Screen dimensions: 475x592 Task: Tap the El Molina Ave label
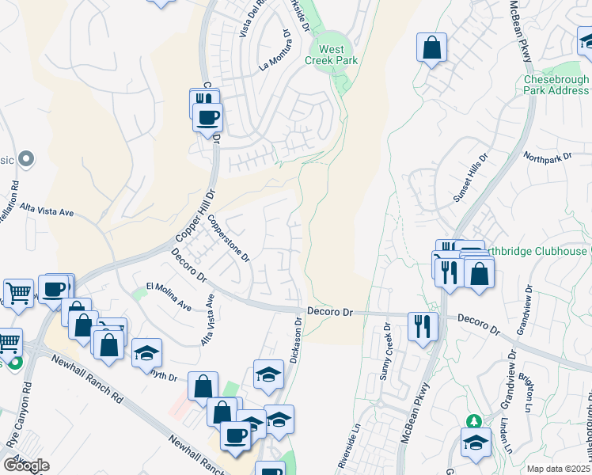[169, 295]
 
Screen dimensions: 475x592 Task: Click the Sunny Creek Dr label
[385, 351]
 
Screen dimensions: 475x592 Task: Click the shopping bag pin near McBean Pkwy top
[431, 47]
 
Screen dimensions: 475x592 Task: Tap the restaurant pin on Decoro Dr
[422, 325]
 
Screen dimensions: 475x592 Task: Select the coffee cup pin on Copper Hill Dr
[208, 118]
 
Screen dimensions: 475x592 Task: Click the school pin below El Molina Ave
[146, 352]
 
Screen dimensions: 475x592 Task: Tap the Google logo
[26, 465]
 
